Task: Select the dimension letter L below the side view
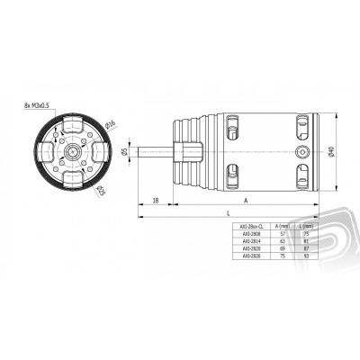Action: click(230, 212)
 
